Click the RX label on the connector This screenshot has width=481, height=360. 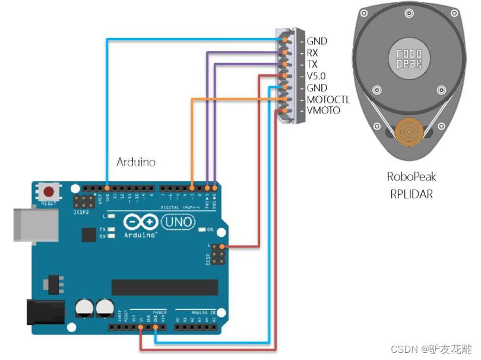tap(312, 53)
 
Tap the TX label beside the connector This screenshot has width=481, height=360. tap(312, 65)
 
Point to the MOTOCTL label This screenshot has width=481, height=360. tap(328, 100)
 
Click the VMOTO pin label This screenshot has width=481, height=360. tap(324, 111)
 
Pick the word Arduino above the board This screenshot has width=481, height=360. tap(136, 162)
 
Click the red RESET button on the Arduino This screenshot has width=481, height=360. tap(49, 192)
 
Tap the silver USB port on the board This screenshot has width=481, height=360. tap(36, 224)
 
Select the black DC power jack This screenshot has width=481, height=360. tap(43, 312)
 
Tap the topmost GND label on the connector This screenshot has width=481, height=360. tap(317, 42)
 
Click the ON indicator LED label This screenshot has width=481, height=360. tap(210, 229)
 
